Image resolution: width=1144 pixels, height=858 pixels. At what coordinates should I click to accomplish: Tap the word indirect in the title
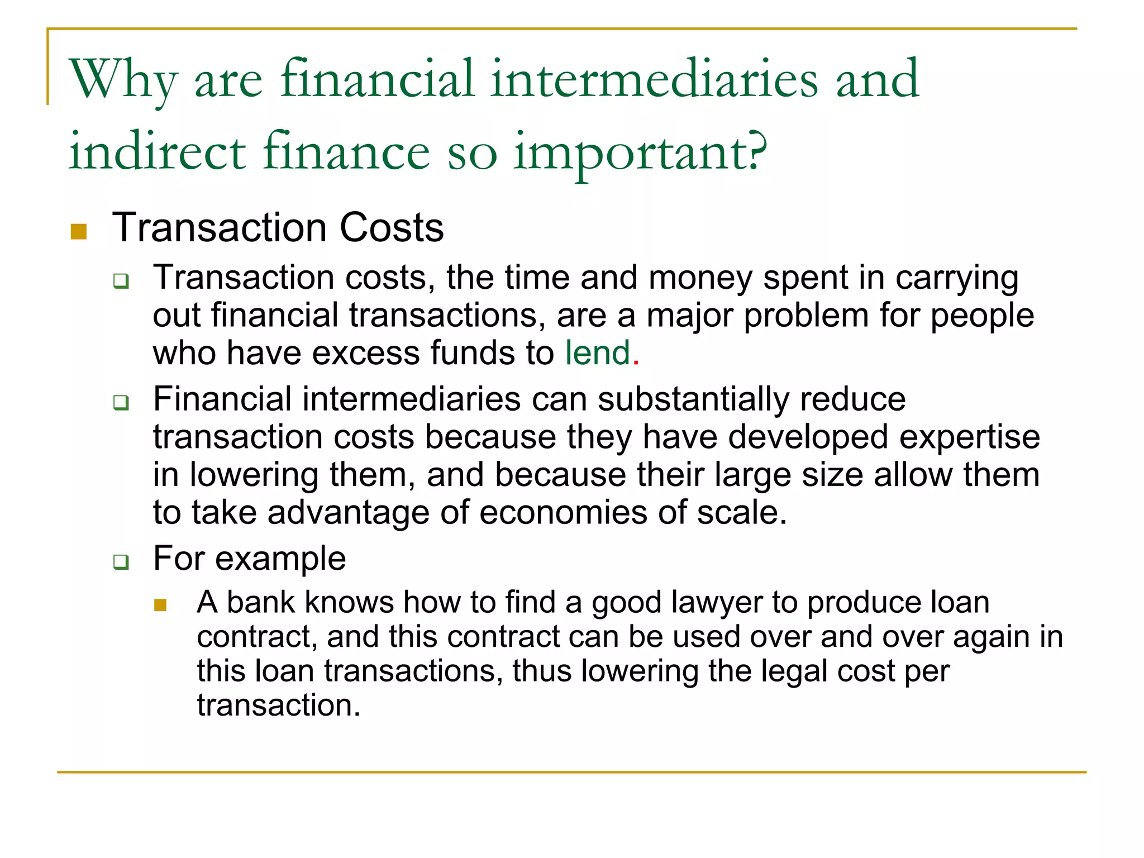point(157,152)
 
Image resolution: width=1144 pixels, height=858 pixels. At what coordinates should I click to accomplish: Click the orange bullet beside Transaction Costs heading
point(79,231)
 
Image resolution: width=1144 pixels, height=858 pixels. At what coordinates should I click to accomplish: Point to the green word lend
point(597,353)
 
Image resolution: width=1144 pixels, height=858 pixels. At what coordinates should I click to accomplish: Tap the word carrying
point(957,278)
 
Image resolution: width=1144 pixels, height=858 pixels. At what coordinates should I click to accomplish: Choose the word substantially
point(693,400)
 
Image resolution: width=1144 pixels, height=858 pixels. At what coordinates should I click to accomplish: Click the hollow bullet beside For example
point(121,561)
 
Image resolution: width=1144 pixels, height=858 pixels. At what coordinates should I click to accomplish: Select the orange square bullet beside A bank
point(160,605)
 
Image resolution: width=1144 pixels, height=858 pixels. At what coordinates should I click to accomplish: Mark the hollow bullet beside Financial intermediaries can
point(121,402)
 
